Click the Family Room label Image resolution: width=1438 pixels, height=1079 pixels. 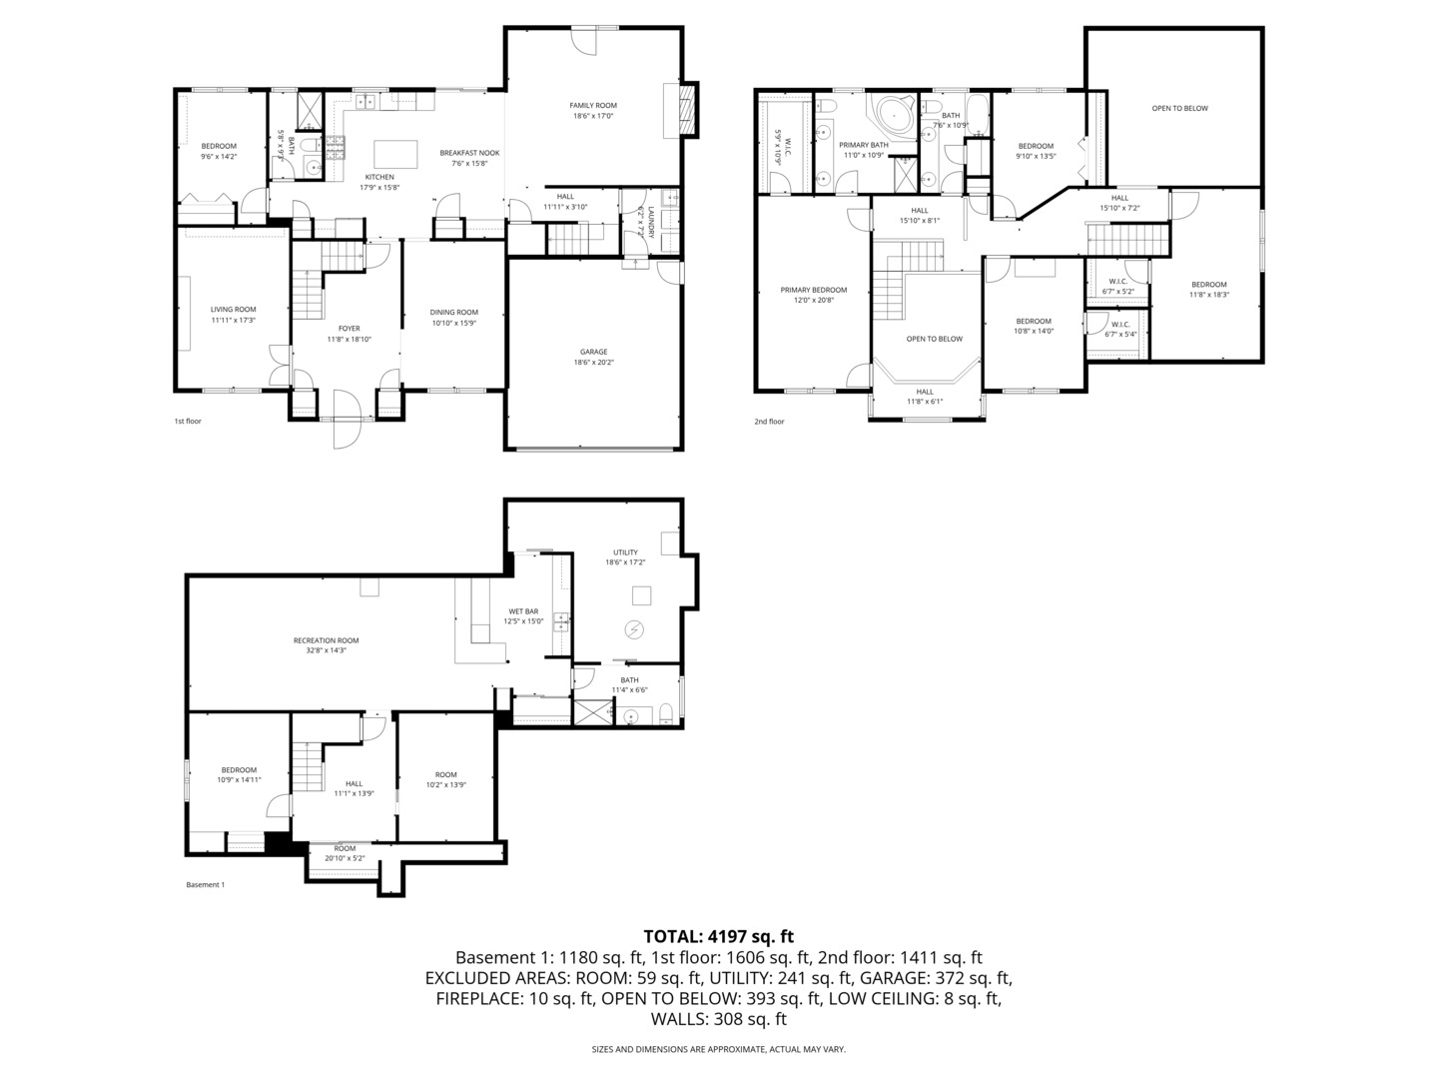(593, 105)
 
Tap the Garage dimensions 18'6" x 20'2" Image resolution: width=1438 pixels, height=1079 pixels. (593, 363)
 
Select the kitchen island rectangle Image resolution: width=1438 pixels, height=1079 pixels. (395, 155)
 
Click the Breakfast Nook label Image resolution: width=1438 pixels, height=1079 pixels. (469, 153)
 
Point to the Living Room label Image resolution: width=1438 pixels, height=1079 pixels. (233, 310)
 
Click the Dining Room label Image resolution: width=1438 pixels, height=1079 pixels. (454, 312)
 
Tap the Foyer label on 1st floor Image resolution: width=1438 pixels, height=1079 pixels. (349, 328)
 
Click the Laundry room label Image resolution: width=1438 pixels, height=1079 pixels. (650, 222)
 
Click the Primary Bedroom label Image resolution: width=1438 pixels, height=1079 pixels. (813, 290)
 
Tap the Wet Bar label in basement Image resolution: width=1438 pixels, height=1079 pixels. (523, 611)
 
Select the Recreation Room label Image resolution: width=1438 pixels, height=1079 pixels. (326, 640)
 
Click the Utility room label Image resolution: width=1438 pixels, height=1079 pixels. (625, 551)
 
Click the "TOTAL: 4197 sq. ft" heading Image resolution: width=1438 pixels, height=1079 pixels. (718, 936)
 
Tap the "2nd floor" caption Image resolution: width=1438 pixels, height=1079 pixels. (769, 422)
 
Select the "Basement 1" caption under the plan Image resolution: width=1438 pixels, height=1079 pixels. (206, 884)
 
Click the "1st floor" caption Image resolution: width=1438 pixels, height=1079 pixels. (188, 422)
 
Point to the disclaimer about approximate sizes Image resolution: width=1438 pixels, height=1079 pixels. (718, 1049)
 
